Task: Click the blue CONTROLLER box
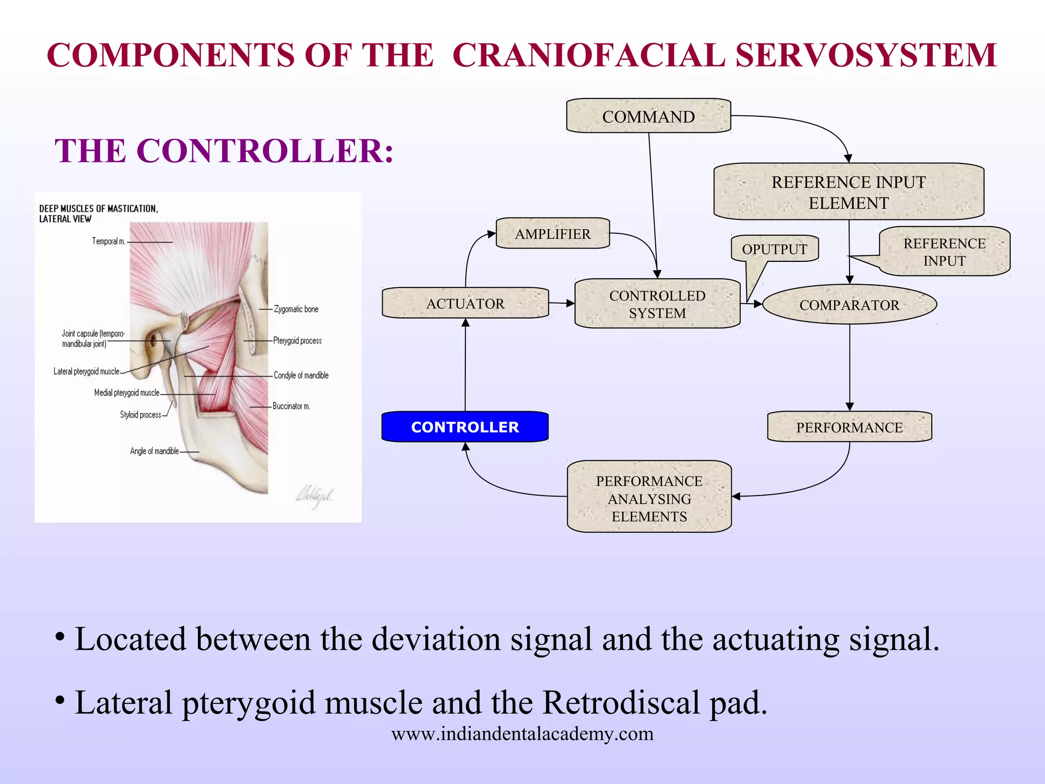coord(465,427)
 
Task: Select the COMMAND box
coord(648,116)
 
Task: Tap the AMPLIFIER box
coord(553,234)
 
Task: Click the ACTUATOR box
coord(465,303)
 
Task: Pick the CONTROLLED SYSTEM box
coord(657,304)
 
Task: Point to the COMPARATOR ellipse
coord(849,305)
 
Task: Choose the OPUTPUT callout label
coord(775,249)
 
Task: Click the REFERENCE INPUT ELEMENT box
coord(848,192)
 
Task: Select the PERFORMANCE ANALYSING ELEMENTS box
coord(649,498)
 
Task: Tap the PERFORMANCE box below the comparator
coord(849,427)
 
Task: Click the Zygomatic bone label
coord(296,309)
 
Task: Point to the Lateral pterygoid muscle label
coord(86,372)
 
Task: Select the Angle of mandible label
coord(154,451)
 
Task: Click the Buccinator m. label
coord(291,406)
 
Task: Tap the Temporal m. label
coord(108,241)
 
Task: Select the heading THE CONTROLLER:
coord(224,151)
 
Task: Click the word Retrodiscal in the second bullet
coord(620,703)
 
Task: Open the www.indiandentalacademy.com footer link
coord(522,734)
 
